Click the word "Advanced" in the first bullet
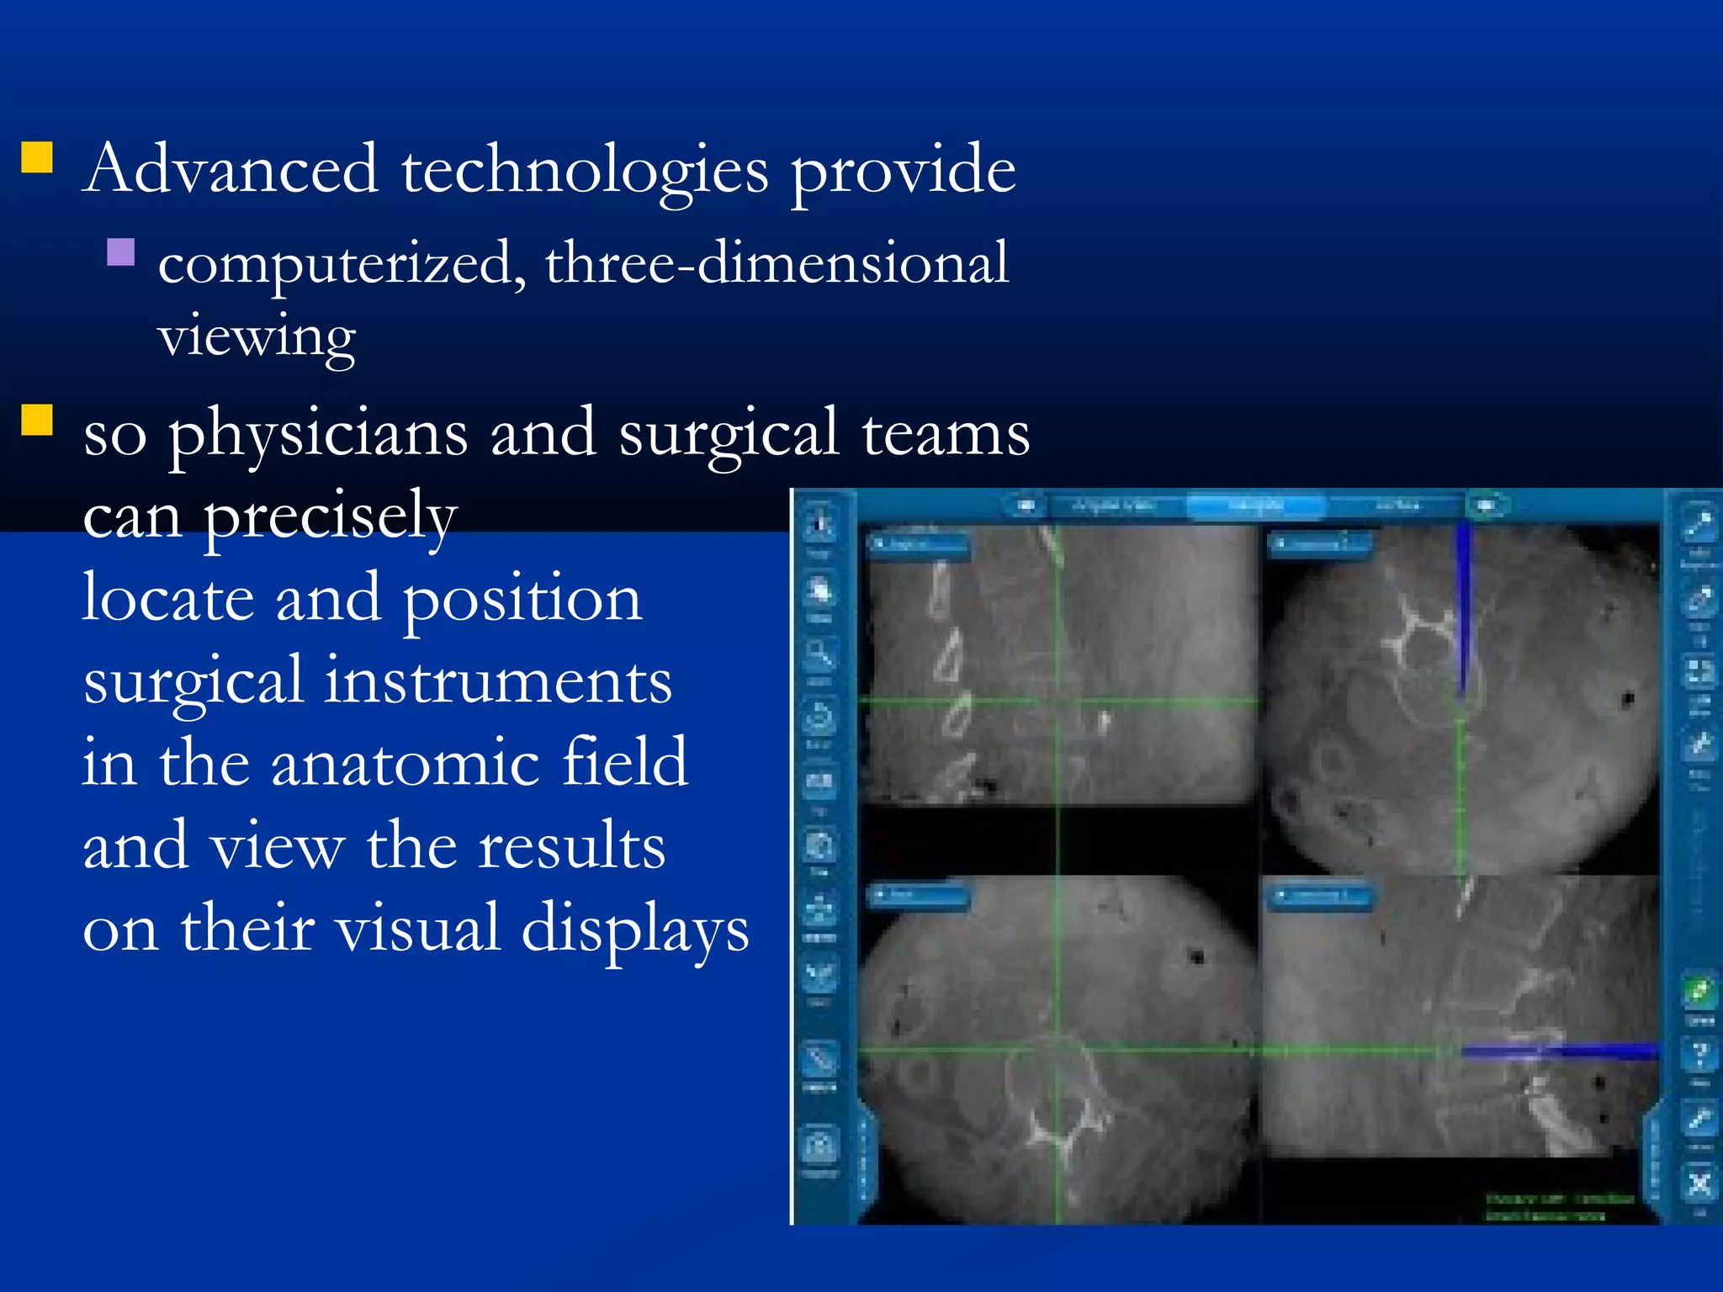(x=231, y=169)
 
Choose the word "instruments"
(x=498, y=681)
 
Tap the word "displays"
(x=635, y=929)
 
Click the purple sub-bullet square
(x=121, y=252)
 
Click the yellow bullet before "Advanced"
(x=37, y=157)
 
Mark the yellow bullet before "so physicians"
(x=37, y=420)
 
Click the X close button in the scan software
(x=1699, y=1184)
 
